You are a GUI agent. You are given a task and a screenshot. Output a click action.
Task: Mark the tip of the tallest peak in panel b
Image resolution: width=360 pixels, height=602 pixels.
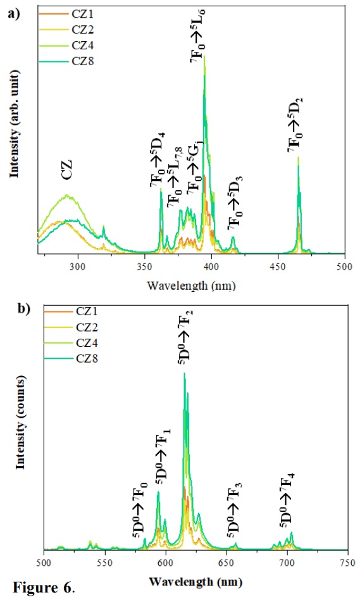pos(184,373)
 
